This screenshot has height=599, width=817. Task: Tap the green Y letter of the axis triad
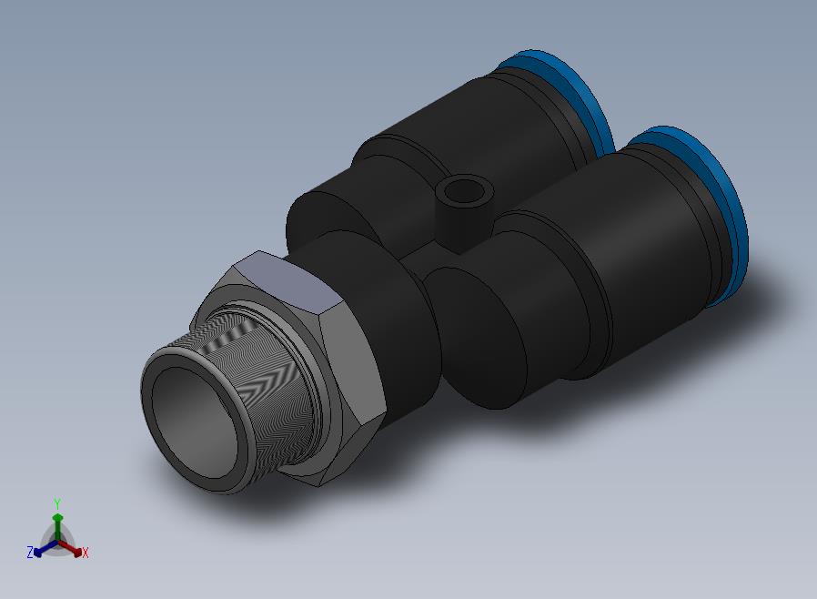click(57, 503)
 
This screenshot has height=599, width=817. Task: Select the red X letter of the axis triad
click(86, 553)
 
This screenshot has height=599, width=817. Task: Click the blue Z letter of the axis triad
click(30, 552)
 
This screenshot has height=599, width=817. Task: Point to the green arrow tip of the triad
click(58, 518)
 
